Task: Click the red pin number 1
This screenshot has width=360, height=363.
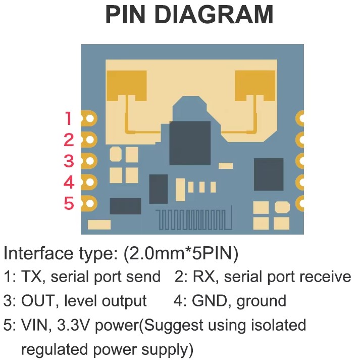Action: pyautogui.click(x=69, y=119)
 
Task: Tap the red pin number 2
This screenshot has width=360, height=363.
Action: pyautogui.click(x=69, y=140)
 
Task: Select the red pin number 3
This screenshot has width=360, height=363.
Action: pyautogui.click(x=69, y=161)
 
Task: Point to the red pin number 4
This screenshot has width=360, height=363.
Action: pyautogui.click(x=69, y=182)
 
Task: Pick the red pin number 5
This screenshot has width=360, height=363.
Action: pyautogui.click(x=69, y=203)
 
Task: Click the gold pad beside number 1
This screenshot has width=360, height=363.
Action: pyautogui.click(x=89, y=119)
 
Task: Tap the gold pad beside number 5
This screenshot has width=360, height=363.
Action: pyautogui.click(x=89, y=203)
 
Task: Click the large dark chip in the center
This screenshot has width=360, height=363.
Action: pyautogui.click(x=190, y=143)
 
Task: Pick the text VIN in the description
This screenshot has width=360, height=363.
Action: pyautogui.click(x=33, y=325)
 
